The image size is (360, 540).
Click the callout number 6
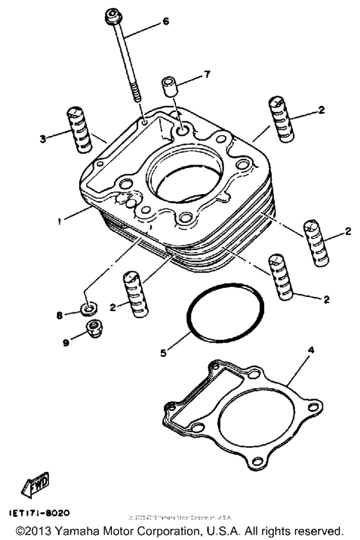click(166, 21)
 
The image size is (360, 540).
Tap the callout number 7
click(206, 75)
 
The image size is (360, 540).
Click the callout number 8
click(60, 315)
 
